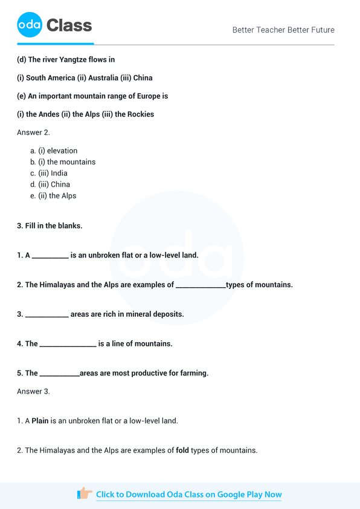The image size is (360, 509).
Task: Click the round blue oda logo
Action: pos(30,25)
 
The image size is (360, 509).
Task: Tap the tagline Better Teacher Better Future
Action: pos(283,30)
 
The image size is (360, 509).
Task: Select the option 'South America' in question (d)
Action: pos(50,78)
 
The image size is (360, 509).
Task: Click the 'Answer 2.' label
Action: pos(33,132)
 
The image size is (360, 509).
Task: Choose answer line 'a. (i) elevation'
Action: pos(54,151)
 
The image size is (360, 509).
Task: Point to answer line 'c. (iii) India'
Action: pos(49,173)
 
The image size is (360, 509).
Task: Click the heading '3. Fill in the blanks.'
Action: pos(50,225)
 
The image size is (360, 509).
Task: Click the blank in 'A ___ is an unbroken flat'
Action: pos(50,256)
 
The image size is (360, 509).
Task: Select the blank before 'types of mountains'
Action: pos(201,285)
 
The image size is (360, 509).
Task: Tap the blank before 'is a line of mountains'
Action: pos(68,345)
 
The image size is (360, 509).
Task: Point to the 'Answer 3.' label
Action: pos(33,391)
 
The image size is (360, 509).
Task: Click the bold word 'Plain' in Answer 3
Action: pos(40,421)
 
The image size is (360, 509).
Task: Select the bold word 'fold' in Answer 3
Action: pos(182,450)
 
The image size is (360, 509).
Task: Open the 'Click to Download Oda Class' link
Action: pos(188,494)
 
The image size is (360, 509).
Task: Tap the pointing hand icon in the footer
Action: pos(85,494)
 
